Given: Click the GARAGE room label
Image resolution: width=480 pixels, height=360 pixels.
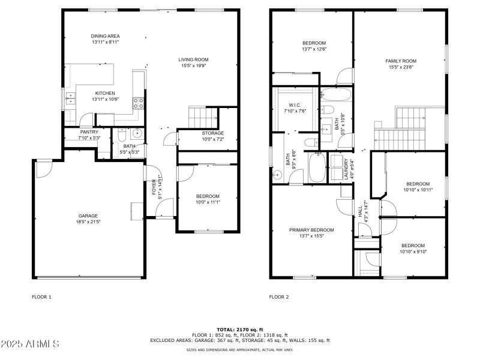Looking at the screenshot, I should coord(88,216).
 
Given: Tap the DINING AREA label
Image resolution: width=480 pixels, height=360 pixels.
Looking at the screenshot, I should coord(106,36).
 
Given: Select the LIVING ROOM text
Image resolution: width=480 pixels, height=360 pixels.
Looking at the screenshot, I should coord(193,59).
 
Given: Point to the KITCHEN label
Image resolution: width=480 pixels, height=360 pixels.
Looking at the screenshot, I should coord(104,94).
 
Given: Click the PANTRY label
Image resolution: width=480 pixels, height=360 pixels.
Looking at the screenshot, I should coord(89,133).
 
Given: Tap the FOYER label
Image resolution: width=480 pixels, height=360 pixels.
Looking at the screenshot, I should coord(154,188).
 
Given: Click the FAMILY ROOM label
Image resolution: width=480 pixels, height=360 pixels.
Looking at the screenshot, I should coord(401,61).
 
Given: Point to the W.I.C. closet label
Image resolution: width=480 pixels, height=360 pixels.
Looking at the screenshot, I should coord(294,105).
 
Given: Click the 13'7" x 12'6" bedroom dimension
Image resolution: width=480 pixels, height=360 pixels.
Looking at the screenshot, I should coord(314,49).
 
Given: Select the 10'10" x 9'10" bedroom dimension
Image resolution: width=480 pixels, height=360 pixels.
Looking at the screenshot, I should coord(413,251).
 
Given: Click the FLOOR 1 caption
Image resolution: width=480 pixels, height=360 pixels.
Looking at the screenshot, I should coord(42,297).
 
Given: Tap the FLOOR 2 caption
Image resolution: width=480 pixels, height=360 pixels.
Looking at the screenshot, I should coord(279,297).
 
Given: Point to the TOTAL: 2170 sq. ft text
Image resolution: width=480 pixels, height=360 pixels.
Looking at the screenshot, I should coord(239,329).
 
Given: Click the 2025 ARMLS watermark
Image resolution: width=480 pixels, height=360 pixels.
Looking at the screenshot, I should coord(30,344).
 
